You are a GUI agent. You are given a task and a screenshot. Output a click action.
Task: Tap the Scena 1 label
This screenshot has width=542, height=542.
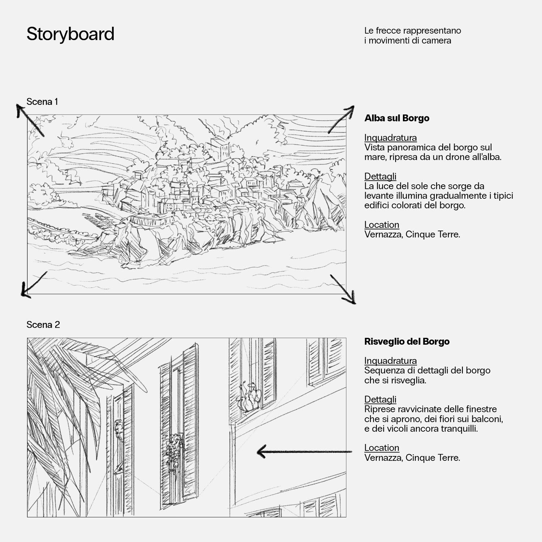42,102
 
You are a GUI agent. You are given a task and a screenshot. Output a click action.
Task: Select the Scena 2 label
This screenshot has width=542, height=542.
43,324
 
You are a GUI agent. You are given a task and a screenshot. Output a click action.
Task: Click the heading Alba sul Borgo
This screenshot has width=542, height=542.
397,118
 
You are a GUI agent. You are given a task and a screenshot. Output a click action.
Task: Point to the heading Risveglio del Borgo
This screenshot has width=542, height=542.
407,341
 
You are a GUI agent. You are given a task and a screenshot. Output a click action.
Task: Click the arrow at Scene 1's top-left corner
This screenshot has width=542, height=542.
30,120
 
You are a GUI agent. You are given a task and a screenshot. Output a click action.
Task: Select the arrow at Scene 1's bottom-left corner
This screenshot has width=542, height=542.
34,285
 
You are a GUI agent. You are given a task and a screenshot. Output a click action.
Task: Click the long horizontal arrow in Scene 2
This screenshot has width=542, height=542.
304,452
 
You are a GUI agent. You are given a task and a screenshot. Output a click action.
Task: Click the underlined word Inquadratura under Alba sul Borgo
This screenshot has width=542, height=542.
390,138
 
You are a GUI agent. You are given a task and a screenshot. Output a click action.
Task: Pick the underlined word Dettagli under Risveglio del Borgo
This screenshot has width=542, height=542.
380,399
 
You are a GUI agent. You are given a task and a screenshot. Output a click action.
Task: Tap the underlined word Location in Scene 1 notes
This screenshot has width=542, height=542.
382,225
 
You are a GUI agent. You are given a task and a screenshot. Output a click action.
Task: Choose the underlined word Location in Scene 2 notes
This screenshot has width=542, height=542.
382,448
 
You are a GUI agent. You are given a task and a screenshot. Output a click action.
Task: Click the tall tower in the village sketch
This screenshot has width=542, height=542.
220,148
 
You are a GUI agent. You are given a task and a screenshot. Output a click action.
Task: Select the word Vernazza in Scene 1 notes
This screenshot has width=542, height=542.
383,235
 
